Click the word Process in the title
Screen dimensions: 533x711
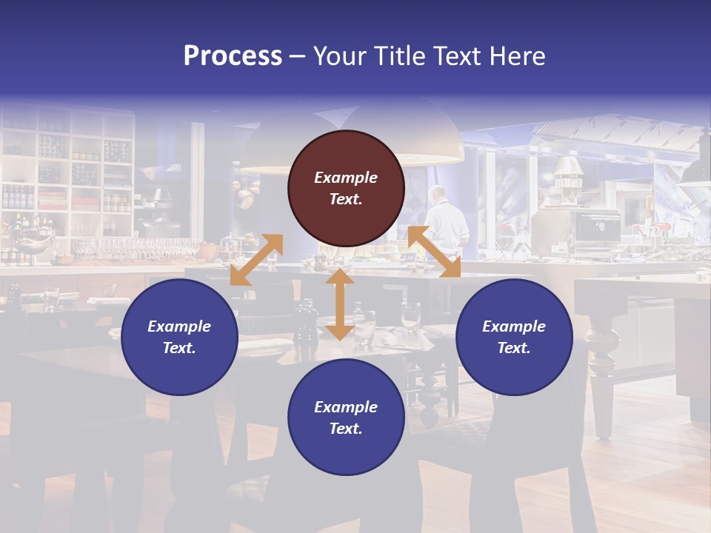click(x=233, y=56)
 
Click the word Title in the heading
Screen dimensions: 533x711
click(x=396, y=56)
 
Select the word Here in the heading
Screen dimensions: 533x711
click(x=518, y=56)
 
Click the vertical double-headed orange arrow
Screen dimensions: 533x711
click(x=340, y=304)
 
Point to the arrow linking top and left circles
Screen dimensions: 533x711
click(x=256, y=260)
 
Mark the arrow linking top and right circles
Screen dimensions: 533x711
click(x=434, y=252)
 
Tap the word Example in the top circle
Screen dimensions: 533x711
click(x=346, y=178)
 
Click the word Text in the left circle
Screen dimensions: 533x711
click(x=179, y=348)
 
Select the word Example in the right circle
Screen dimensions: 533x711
click(x=514, y=326)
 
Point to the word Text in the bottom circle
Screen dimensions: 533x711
click(x=346, y=429)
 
